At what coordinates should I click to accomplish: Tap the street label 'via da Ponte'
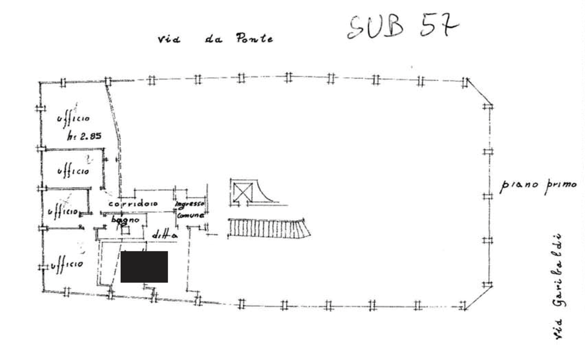pos(215,39)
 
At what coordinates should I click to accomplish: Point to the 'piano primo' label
pos(538,186)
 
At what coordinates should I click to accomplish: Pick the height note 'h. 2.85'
pos(86,136)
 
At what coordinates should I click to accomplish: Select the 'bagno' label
pos(122,220)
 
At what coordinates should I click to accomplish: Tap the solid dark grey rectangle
pos(144,267)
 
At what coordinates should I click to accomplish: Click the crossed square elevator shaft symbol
pos(240,191)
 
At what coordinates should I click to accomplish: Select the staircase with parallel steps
pos(269,228)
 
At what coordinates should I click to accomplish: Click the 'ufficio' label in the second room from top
pos(72,171)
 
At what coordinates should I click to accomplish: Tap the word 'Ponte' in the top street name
pos(255,39)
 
